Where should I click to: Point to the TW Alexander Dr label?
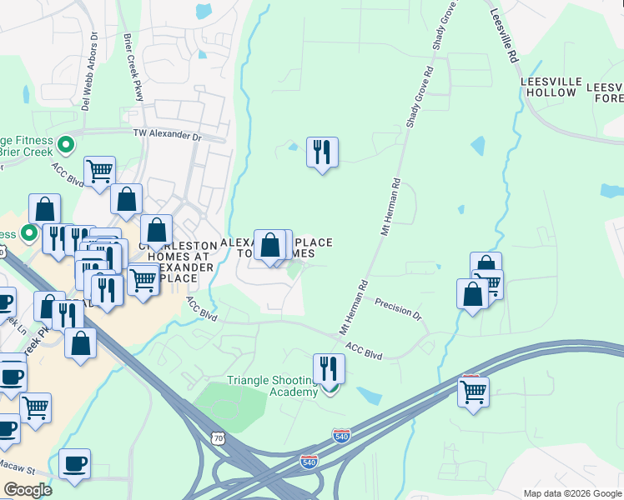coord(168,134)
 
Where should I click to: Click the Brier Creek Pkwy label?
coord(134,67)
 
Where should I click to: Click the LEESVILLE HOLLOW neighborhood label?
coord(548,87)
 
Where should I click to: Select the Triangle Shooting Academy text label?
coord(272,386)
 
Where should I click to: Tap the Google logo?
coord(28,490)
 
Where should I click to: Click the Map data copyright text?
coord(571,493)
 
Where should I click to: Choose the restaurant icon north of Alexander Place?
coord(322,152)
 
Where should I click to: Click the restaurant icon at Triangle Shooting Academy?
coord(330,367)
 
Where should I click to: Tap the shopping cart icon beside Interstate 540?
coord(473,390)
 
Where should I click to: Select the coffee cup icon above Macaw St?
coord(74,462)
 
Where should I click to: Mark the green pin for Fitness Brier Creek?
coord(67,146)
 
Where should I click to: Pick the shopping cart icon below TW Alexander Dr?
coord(99,171)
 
